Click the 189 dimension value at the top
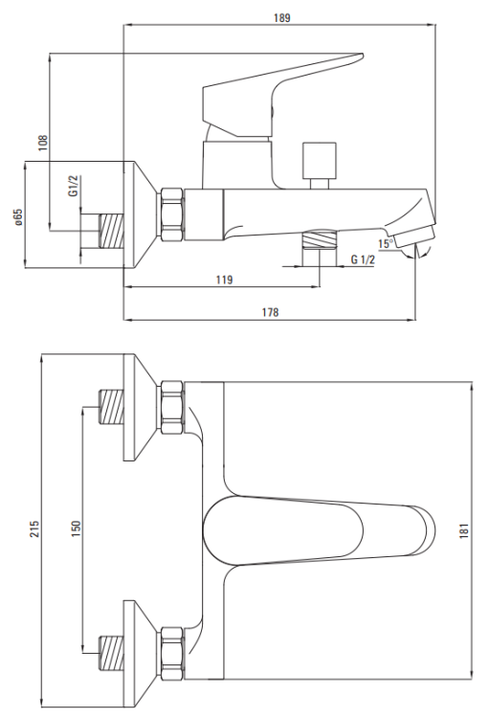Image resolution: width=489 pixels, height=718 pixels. [282, 18]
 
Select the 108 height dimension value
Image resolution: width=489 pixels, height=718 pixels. [42, 144]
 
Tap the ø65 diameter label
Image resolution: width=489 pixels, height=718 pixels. [18, 217]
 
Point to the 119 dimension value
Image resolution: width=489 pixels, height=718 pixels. [224, 280]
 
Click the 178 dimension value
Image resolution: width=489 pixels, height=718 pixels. [270, 312]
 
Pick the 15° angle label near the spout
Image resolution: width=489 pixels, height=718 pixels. [386, 243]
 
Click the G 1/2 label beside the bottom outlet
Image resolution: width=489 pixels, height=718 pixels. [363, 259]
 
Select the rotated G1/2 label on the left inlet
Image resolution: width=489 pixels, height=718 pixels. [74, 186]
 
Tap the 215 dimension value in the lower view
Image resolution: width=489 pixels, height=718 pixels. [34, 528]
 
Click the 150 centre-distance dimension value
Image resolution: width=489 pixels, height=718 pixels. [76, 528]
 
